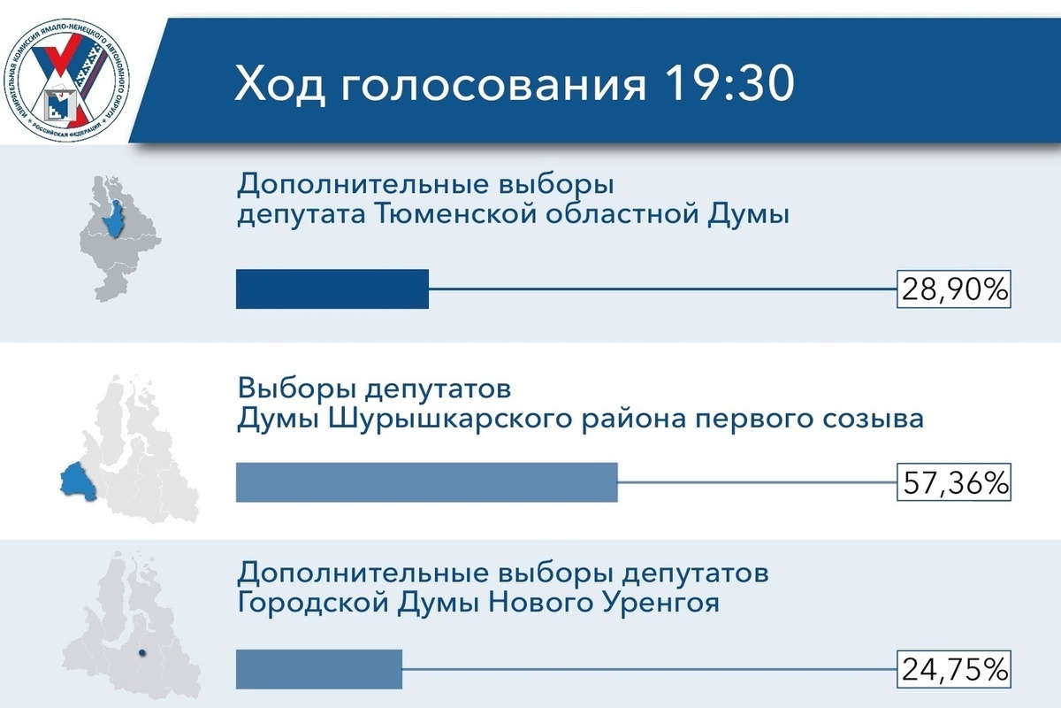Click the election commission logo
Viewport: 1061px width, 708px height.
(67, 81)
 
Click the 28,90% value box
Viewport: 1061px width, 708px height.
(953, 289)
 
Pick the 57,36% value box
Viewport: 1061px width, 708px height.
(953, 482)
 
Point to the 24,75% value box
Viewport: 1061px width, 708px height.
(953, 669)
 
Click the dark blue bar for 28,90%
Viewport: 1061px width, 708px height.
(332, 289)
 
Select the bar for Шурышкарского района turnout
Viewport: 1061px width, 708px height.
(427, 482)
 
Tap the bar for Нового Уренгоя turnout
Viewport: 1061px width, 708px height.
(319, 669)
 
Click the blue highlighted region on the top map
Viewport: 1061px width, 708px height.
(115, 220)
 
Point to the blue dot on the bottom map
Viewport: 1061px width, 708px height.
(141, 653)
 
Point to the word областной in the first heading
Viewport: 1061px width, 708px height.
(622, 214)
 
